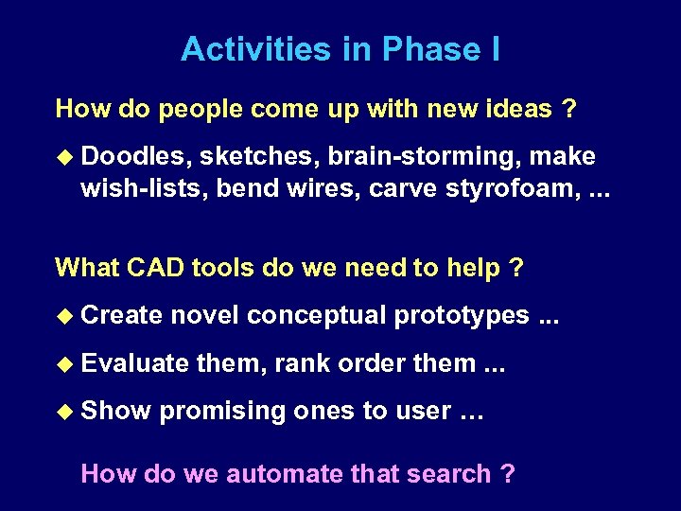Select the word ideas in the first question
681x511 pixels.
[516, 109]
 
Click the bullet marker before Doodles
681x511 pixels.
[64, 156]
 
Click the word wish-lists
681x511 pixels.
[144, 188]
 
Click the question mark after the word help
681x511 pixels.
[515, 268]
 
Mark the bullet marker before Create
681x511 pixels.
[64, 315]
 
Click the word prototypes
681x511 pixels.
[462, 315]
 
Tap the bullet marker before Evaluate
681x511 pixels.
[64, 362]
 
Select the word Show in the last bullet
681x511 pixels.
[115, 411]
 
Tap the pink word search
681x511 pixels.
[450, 473]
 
